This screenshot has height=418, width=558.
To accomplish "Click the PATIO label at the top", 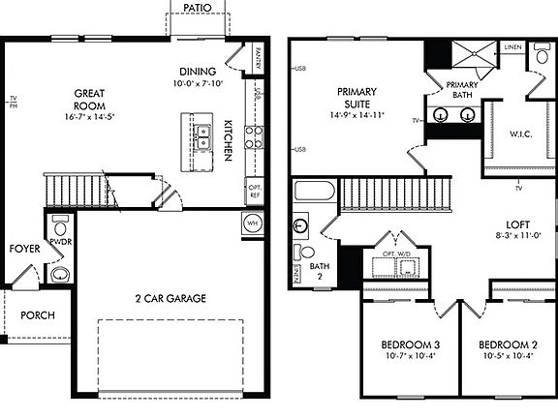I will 197,8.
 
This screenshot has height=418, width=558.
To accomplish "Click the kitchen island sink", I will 202,136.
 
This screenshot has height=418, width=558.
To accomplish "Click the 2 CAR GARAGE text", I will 170,299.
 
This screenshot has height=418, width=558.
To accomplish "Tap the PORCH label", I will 37,314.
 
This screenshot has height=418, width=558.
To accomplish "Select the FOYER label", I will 24,249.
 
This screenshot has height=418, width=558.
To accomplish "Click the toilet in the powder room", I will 57,225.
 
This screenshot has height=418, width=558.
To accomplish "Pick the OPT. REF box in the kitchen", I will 255,190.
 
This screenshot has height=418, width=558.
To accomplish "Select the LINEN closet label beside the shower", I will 512,46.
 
